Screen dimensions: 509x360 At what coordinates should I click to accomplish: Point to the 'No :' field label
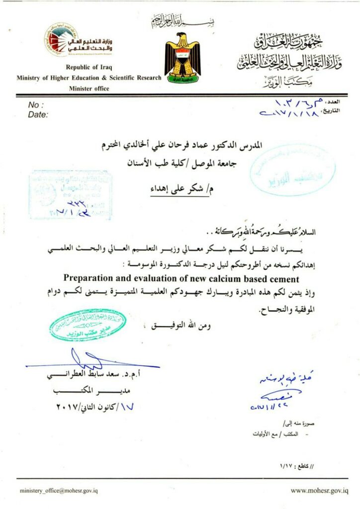coord(36,105)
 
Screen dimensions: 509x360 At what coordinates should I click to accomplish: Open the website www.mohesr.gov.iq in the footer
coord(319,491)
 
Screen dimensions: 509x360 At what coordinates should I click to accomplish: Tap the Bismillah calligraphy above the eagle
coord(181,21)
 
